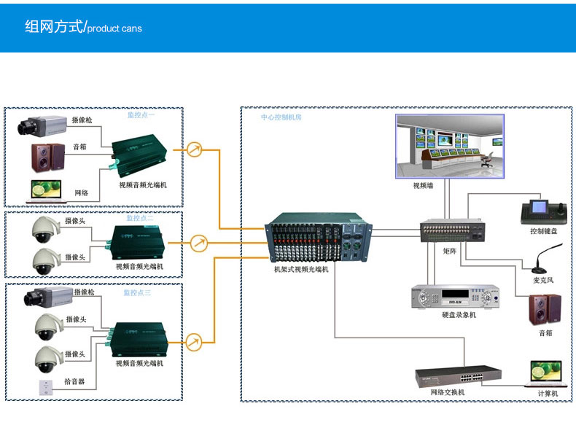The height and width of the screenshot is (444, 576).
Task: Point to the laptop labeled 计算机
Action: pyautogui.click(x=547, y=373)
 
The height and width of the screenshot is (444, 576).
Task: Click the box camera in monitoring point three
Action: pyautogui.click(x=48, y=296)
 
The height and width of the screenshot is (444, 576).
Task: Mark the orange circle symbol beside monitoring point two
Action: pyautogui.click(x=198, y=241)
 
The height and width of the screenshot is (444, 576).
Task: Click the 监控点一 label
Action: pyautogui.click(x=141, y=115)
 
